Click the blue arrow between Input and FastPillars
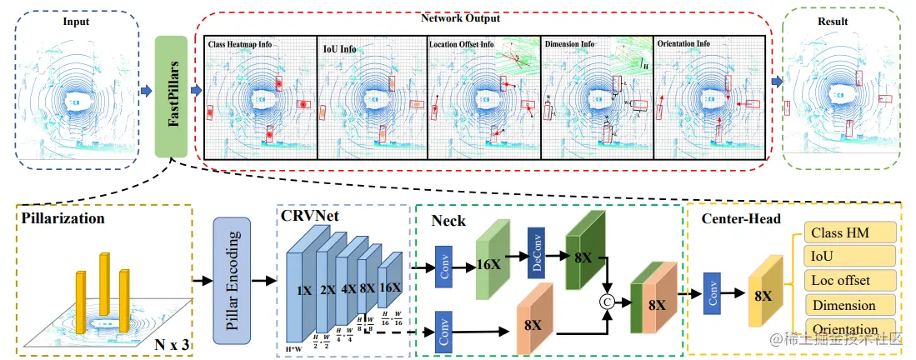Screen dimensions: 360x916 point(146,90)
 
